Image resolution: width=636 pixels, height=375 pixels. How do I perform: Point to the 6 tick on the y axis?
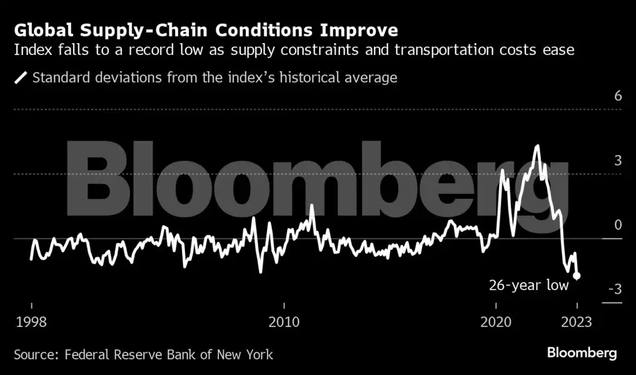(x=618, y=96)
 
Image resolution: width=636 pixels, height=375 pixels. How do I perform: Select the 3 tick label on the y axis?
(x=618, y=161)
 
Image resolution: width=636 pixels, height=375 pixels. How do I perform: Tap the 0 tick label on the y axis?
(x=618, y=225)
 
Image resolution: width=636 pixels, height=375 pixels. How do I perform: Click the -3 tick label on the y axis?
(x=615, y=289)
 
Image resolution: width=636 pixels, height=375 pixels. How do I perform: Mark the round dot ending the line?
(x=577, y=276)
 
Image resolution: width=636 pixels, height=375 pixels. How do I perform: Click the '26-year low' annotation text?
(x=528, y=286)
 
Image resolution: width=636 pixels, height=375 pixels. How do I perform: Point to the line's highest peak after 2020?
(x=537, y=146)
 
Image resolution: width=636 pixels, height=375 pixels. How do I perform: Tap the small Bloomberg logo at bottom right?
(x=582, y=353)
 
